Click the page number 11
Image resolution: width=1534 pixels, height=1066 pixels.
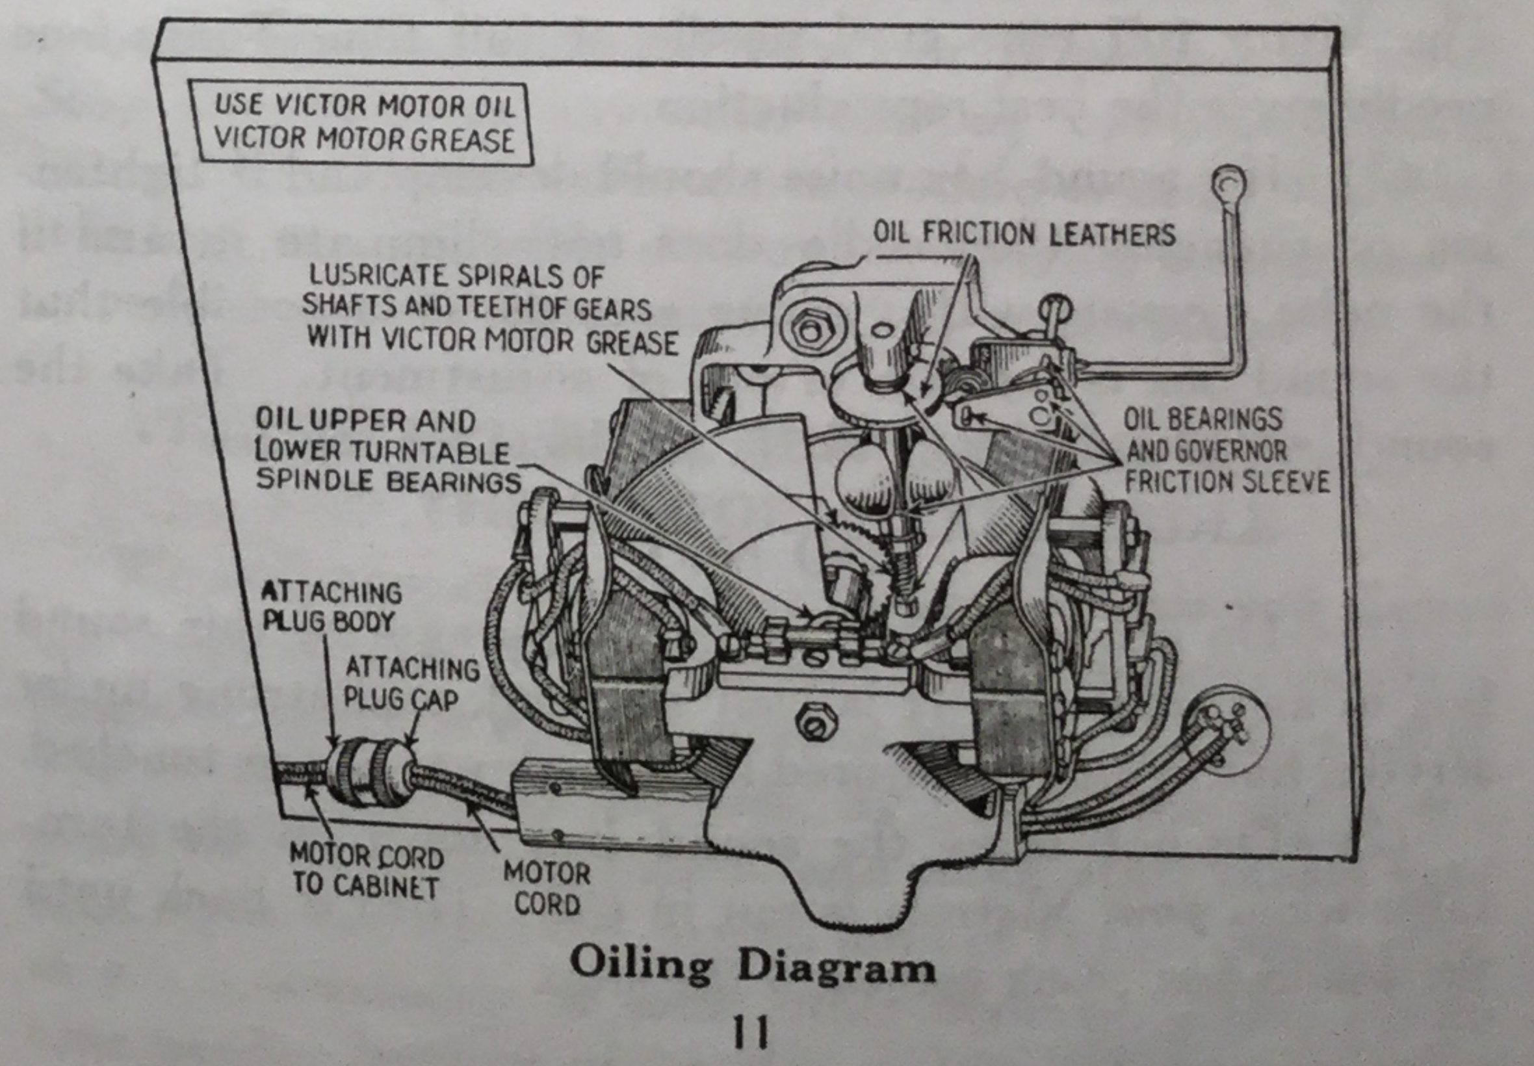[x=751, y=1032]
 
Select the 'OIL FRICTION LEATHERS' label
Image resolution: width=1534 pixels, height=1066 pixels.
[x=1024, y=234]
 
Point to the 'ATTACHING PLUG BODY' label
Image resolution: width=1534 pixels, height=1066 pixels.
[x=331, y=606]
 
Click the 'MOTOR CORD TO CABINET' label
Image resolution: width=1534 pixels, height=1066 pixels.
[x=366, y=870]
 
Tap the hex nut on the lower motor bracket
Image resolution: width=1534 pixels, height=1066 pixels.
[x=813, y=722]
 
